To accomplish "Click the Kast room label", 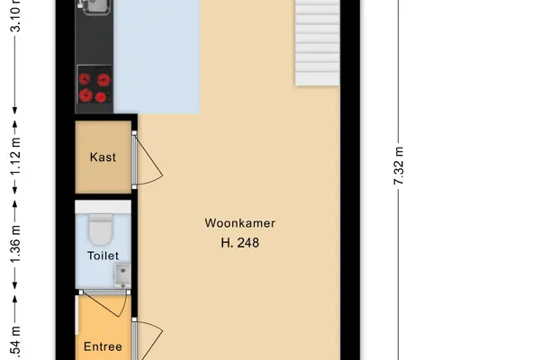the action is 103,157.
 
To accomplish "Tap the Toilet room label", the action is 103,256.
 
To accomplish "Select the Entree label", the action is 103,346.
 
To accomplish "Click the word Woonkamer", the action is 240,223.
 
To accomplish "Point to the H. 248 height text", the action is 240,243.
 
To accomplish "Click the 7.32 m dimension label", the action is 399,166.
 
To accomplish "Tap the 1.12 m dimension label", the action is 15,157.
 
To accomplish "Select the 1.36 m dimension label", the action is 15,244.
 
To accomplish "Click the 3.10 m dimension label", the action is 15,16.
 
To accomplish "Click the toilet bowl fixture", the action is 100,229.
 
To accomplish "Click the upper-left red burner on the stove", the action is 85,79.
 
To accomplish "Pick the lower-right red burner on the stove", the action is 101,97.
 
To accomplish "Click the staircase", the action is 317,42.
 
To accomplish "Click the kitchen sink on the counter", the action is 94,7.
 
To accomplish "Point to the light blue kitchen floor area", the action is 157,57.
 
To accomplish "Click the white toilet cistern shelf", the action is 103,207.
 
